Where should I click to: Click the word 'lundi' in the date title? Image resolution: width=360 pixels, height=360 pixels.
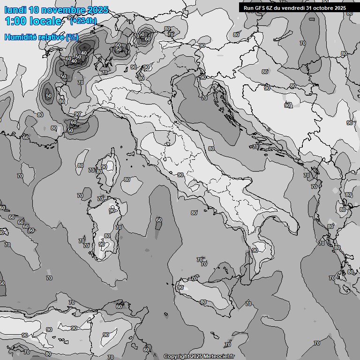coord(15,10)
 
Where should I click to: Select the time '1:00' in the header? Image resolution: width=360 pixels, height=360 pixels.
coord(15,21)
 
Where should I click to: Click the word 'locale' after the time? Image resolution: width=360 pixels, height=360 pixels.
coord(45,21)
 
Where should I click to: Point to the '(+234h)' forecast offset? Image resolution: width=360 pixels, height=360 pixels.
coord(83,21)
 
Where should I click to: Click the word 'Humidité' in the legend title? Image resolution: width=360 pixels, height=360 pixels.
coord(20,37)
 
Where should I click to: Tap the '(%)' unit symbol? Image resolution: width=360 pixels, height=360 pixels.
coord(72,37)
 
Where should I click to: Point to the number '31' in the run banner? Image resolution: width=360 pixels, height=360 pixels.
coord(312,8)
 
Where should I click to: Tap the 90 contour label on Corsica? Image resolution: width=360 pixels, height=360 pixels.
coord(104,167)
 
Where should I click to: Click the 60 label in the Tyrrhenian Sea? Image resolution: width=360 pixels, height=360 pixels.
coord(159,220)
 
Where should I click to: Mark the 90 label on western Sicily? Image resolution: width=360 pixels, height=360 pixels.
coord(180,287)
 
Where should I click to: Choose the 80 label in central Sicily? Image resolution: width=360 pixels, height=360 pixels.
coord(203,302)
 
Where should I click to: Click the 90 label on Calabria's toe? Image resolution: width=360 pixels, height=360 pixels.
coord(255,250)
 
